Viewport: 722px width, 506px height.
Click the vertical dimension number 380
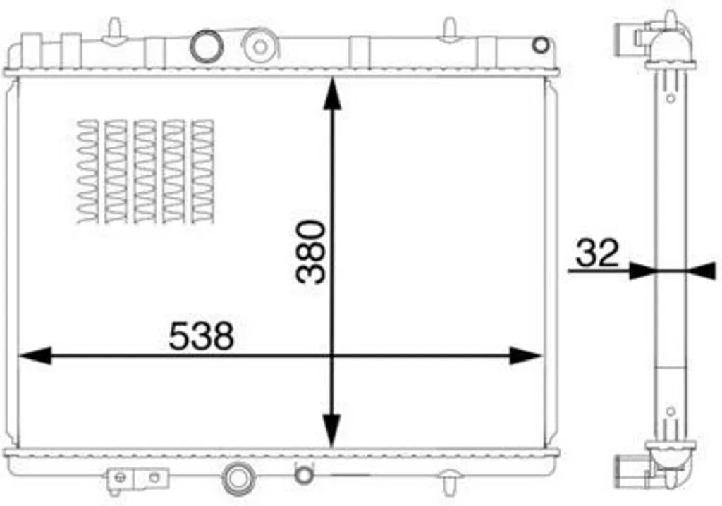coord(311,252)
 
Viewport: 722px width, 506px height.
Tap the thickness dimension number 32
coord(597,253)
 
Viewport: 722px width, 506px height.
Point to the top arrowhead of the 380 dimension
coord(332,94)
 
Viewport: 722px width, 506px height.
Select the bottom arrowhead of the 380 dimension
coord(331,431)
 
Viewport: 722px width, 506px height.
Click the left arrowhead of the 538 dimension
coord(35,356)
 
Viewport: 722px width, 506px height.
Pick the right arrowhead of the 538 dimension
coord(526,356)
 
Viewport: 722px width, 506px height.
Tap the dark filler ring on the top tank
coord(207,46)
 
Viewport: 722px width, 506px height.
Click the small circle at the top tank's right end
coord(541,45)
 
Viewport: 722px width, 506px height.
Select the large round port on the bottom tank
coord(238,479)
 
